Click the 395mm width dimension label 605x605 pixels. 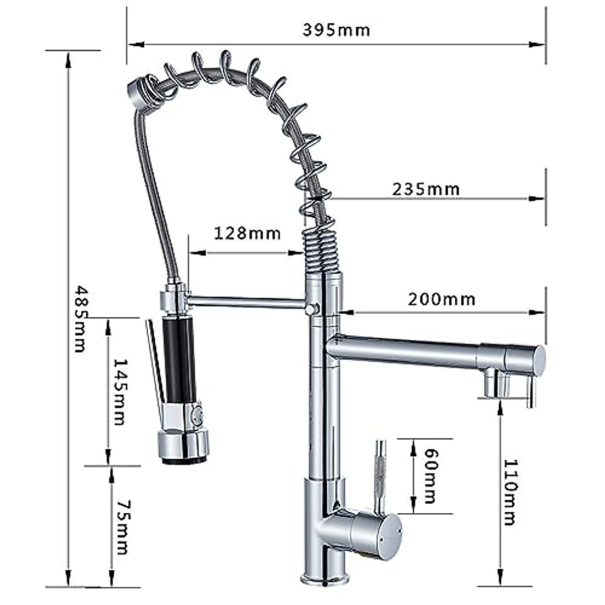[x=336, y=30]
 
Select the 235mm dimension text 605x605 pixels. [x=426, y=189]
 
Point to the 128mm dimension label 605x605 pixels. [x=247, y=233]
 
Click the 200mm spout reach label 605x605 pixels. [x=442, y=299]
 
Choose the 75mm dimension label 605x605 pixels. [x=123, y=527]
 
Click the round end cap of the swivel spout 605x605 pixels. [x=538, y=360]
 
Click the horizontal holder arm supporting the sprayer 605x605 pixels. [x=247, y=302]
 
